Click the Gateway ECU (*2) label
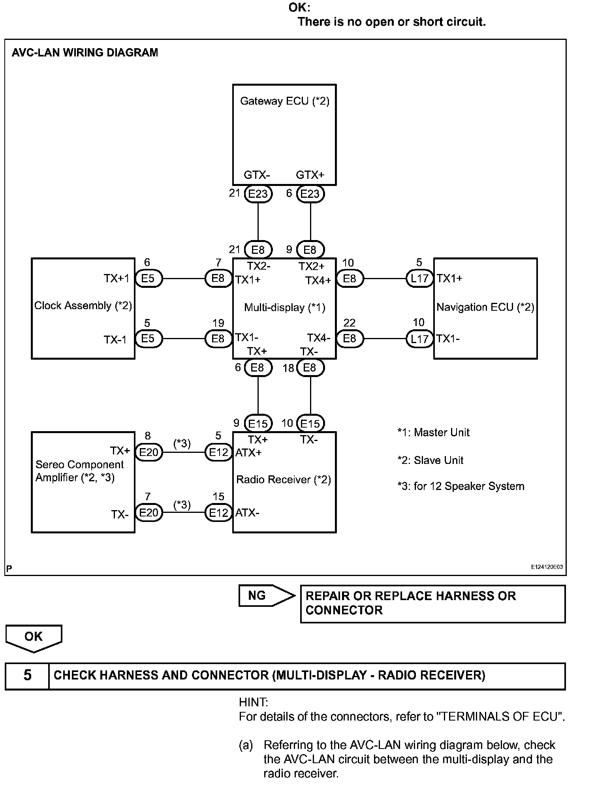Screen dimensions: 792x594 (x=284, y=101)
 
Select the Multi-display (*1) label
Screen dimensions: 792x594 (x=284, y=307)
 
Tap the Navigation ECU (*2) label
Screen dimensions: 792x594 (x=485, y=307)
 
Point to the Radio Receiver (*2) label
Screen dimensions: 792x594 (x=283, y=480)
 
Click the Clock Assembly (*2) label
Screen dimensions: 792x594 (x=83, y=306)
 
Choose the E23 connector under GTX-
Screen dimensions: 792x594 (x=258, y=194)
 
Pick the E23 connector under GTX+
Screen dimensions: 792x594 (x=310, y=194)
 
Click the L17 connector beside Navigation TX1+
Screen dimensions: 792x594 (x=419, y=278)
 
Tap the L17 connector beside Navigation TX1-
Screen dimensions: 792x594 (x=419, y=339)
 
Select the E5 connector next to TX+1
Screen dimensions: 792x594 (x=148, y=278)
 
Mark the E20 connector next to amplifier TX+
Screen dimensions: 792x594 (x=148, y=452)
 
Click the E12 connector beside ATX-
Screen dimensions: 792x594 (x=218, y=513)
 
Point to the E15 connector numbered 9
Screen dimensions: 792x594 (x=258, y=424)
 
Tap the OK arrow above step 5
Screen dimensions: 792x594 (x=34, y=637)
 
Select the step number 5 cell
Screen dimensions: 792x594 (x=27, y=675)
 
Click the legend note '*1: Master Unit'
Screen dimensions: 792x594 (x=433, y=433)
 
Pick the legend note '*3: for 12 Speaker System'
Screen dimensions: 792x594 (x=461, y=486)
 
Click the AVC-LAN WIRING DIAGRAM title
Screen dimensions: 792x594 (x=85, y=53)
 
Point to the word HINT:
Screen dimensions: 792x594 (x=253, y=702)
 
